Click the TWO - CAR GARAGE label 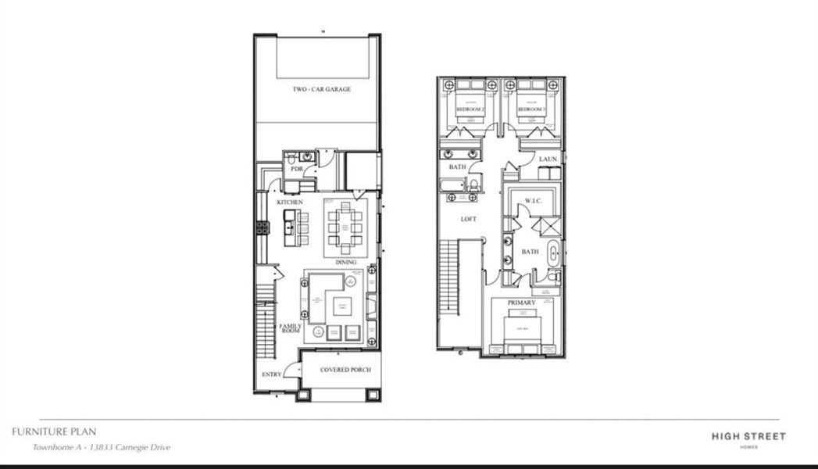(321, 90)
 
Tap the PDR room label (296, 169)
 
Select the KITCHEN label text (289, 203)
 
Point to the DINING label (345, 263)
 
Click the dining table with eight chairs (345, 227)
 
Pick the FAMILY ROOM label (290, 329)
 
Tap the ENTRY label (271, 374)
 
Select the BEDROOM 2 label (471, 110)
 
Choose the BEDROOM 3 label (532, 110)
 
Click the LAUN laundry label (548, 159)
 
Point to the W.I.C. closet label (534, 201)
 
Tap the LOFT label (468, 220)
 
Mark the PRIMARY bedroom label (521, 302)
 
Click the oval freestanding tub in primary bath (553, 252)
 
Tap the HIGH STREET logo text (748, 436)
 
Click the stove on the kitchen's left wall (263, 227)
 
